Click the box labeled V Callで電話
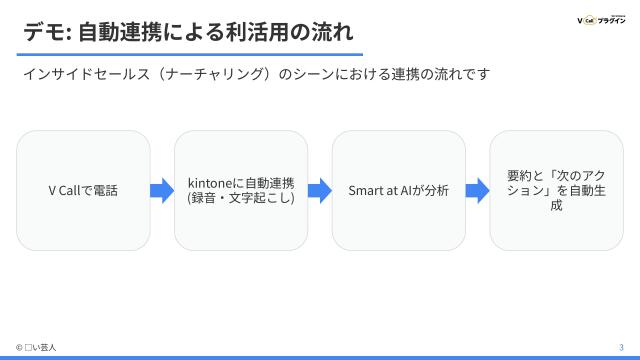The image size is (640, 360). click(83, 190)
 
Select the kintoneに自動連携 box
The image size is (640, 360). click(241, 190)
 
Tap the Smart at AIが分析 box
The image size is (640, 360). click(398, 190)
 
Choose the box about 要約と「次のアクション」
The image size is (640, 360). click(556, 190)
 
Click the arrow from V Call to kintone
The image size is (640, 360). click(162, 190)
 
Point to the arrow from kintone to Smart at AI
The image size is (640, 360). click(319, 190)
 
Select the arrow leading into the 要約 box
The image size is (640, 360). click(477, 190)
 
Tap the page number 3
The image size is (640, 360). click(620, 347)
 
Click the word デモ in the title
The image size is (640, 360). click(43, 30)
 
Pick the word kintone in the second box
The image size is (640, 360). click(210, 183)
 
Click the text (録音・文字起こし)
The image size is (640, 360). click(241, 198)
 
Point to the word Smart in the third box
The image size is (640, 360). click(365, 190)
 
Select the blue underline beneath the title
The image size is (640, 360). click(191, 54)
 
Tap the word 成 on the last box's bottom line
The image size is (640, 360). click(556, 206)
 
